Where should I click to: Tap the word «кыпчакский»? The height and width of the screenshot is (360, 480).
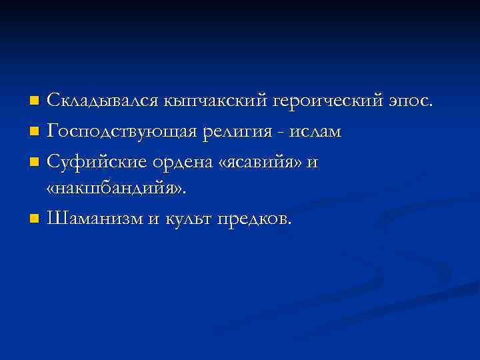tap(213, 102)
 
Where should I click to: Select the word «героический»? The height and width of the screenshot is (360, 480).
tap(327, 102)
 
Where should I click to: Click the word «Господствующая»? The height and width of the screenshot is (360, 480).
tap(122, 131)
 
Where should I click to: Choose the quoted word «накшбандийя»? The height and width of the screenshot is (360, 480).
tap(117, 189)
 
